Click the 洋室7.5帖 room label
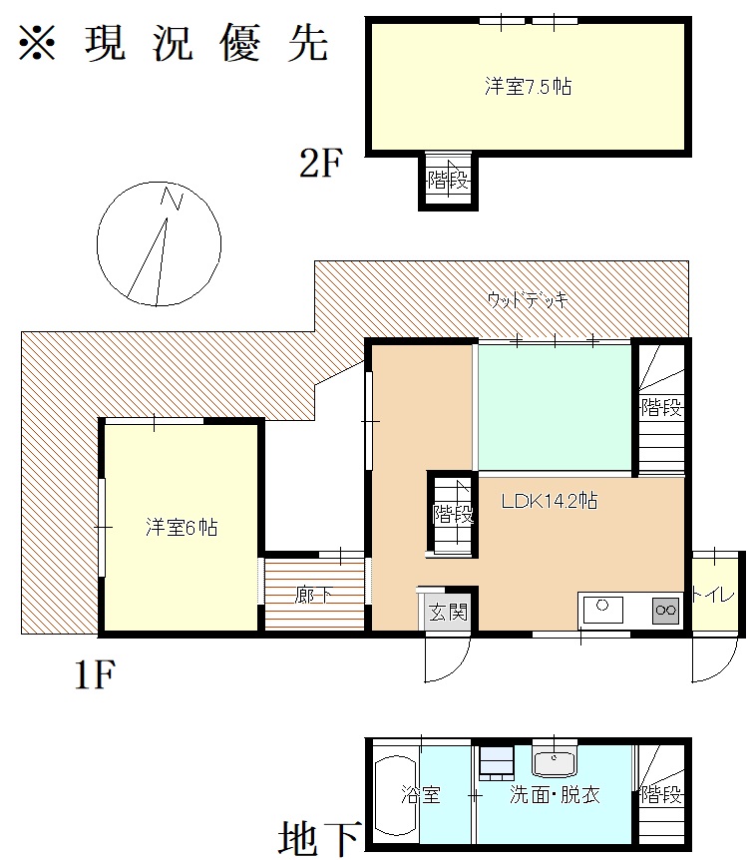pyautogui.click(x=528, y=87)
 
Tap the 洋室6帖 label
pyautogui.click(x=182, y=527)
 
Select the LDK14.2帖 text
pyautogui.click(x=550, y=501)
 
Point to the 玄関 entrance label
pyautogui.click(x=449, y=612)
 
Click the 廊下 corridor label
pyautogui.click(x=313, y=595)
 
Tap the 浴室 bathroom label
pyautogui.click(x=421, y=794)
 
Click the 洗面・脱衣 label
pyautogui.click(x=555, y=794)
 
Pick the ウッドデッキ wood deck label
pyautogui.click(x=528, y=300)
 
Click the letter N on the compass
pyautogui.click(x=171, y=198)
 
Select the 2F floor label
pyautogui.click(x=320, y=163)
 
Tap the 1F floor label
pyautogui.click(x=95, y=674)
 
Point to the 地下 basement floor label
pyautogui.click(x=320, y=838)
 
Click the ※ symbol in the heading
pyautogui.click(x=37, y=42)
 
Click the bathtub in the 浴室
pyautogui.click(x=396, y=795)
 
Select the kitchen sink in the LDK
pyautogui.click(x=602, y=610)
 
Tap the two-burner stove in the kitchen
pyautogui.click(x=666, y=610)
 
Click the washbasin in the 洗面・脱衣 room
pyautogui.click(x=555, y=762)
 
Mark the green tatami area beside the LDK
pyautogui.click(x=555, y=407)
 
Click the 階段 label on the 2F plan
pyautogui.click(x=449, y=180)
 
